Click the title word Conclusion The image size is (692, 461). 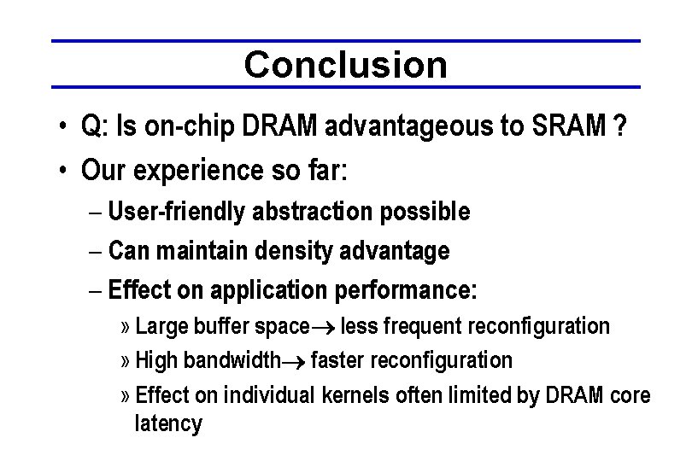(345, 64)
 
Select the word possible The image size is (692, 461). (429, 212)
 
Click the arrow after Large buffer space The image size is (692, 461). (325, 327)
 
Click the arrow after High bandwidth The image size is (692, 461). (294, 361)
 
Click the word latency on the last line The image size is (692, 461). (168, 423)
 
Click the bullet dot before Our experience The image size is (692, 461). (64, 172)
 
